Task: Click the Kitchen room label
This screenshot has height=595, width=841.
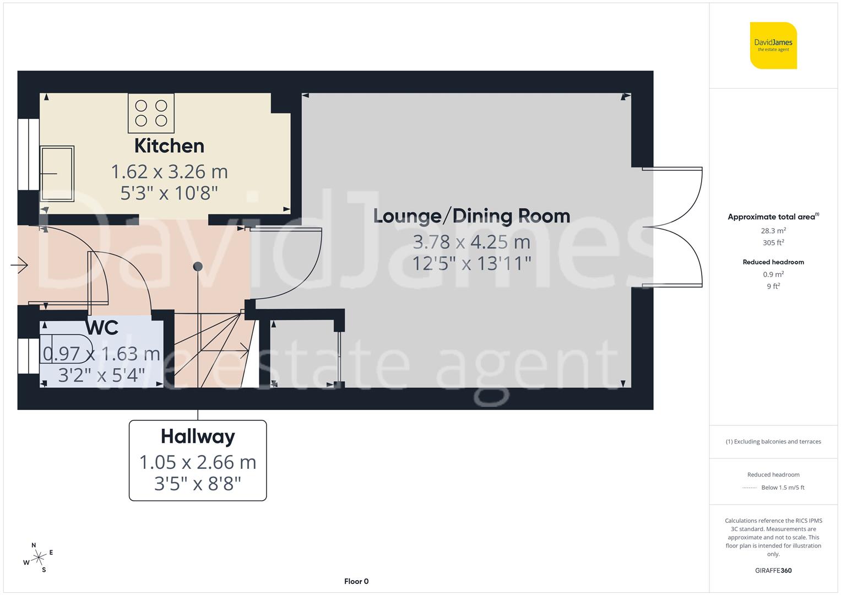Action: coord(169,146)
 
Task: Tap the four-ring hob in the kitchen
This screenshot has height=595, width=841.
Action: coord(151,113)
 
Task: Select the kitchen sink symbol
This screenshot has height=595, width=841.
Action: coord(56,174)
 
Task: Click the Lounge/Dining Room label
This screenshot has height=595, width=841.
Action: coord(471,216)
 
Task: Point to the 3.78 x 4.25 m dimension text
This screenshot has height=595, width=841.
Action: coord(471,242)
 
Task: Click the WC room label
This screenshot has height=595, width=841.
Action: coord(102,328)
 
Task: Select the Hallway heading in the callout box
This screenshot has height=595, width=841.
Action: coord(198,437)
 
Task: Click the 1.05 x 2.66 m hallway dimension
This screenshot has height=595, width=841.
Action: coord(198,462)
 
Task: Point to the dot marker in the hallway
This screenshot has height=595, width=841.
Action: coord(198,267)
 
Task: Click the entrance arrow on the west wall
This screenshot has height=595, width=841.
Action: coord(19,265)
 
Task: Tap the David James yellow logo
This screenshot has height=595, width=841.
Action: coord(773,45)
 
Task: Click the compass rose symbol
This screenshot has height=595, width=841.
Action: coord(38,558)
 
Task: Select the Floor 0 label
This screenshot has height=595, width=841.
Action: coord(356,581)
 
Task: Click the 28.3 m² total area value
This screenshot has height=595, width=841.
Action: coord(773,231)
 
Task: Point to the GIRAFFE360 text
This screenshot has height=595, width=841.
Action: coord(773,570)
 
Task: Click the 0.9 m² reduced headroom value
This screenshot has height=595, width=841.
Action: coord(773,274)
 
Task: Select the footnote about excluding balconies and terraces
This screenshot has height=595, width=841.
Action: coord(773,441)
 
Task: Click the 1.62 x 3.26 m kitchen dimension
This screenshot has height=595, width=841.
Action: coord(169,172)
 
